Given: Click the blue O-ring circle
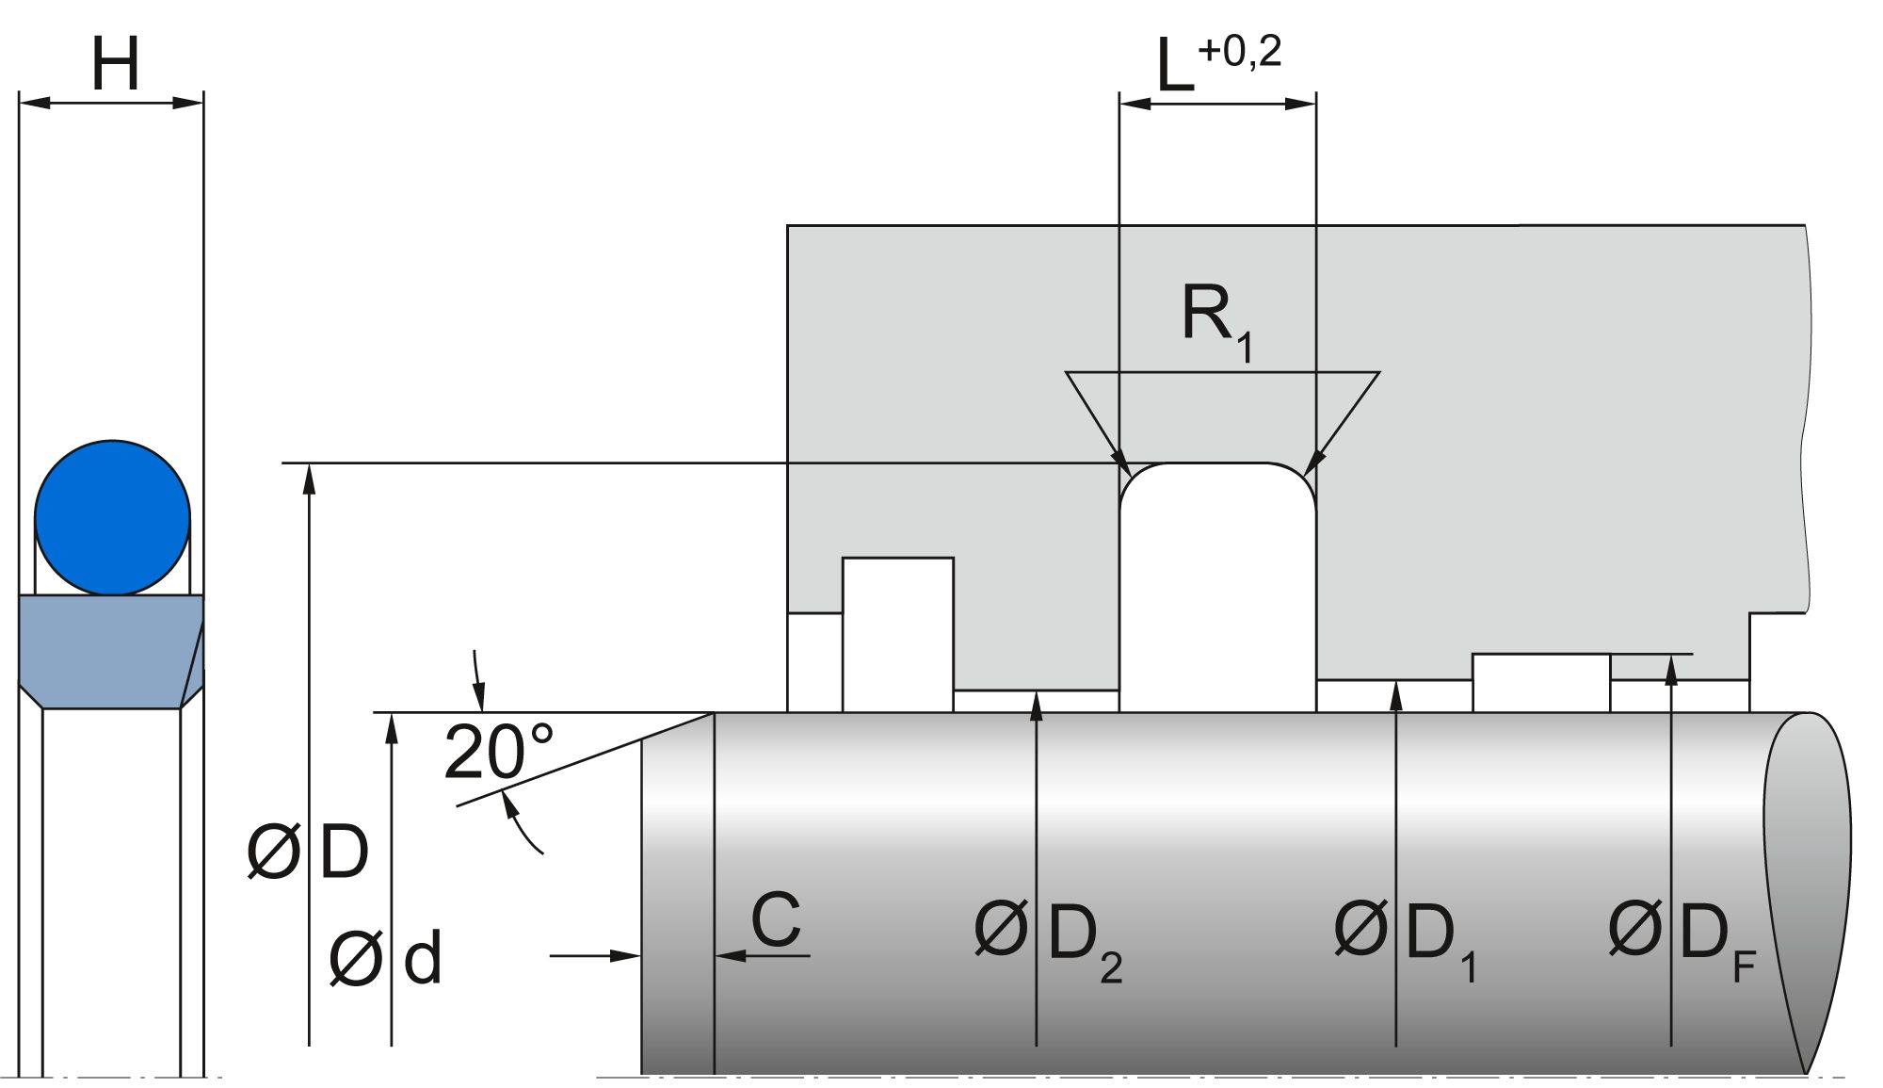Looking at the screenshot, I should coord(112,517).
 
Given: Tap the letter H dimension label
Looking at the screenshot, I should coord(115,65).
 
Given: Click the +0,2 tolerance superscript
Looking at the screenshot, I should coord(1240,52).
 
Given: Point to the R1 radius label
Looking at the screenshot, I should coord(1215,320).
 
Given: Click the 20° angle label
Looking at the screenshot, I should coord(498,753).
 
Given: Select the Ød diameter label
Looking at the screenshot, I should coord(386,960).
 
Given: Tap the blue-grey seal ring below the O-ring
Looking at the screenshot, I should coord(112,650).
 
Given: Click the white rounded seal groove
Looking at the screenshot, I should coord(1216,584).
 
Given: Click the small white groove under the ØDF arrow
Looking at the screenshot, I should coord(1540,682).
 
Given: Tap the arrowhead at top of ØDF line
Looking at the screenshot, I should coord(1671,667).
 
